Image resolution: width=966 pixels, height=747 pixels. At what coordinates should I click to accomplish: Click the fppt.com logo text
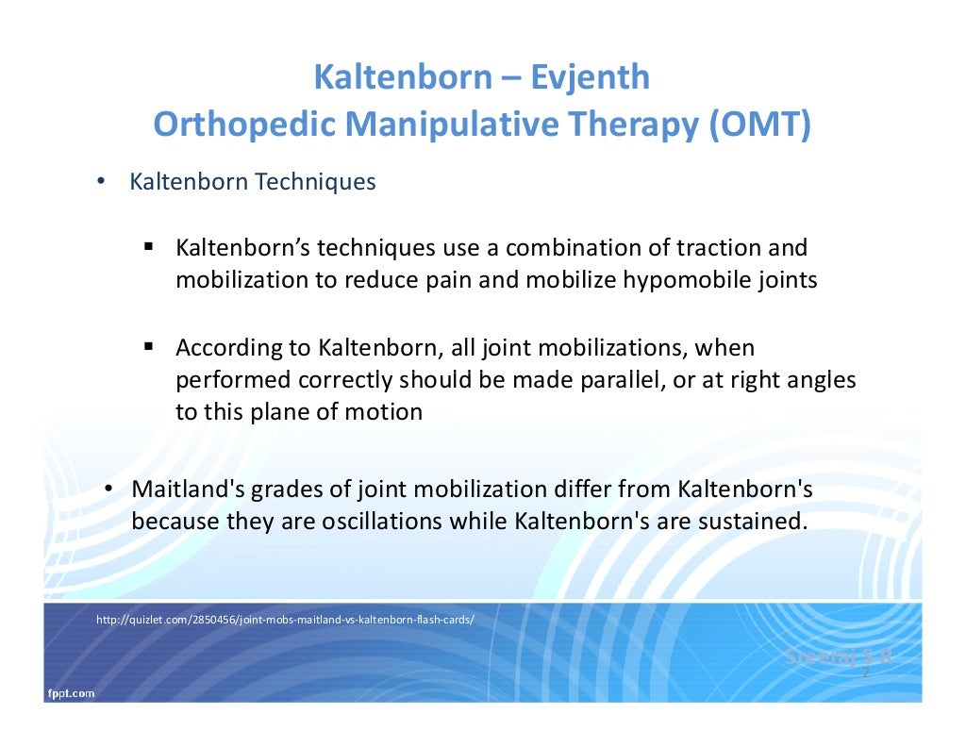71,693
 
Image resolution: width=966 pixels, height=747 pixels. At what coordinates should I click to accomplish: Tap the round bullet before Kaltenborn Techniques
100,181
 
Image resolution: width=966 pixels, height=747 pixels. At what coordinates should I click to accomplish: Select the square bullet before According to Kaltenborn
149,347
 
